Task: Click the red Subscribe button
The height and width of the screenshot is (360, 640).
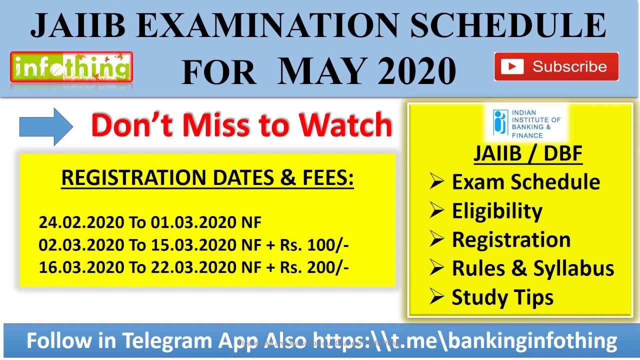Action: click(556, 66)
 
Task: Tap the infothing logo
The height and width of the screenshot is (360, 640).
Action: click(71, 67)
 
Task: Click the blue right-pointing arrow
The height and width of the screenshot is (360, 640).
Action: click(46, 126)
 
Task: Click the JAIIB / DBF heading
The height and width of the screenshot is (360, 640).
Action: click(528, 153)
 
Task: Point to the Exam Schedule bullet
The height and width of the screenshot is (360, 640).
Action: click(525, 182)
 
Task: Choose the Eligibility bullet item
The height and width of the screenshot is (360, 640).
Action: click(496, 211)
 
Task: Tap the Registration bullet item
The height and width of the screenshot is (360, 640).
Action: click(511, 239)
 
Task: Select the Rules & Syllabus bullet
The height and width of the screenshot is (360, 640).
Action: click(532, 268)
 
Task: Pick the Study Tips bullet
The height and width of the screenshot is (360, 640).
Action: click(502, 297)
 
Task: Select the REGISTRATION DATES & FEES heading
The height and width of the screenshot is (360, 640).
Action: click(207, 178)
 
